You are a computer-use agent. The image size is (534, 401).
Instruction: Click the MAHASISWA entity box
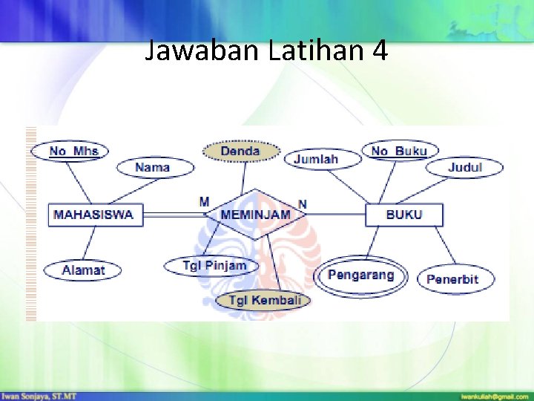93,215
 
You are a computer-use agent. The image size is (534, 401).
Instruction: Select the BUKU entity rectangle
404,215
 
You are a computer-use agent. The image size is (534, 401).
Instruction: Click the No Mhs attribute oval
69,151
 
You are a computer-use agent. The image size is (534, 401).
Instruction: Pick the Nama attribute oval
153,168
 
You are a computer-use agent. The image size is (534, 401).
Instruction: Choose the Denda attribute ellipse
240,151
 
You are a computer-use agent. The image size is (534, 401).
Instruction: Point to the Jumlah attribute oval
316,159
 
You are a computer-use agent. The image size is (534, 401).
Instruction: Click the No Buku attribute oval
400,151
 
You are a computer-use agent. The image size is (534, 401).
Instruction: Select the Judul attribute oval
465,168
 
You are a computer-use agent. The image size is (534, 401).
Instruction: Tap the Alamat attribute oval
83,270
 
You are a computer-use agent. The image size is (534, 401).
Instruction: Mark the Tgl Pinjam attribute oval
215,265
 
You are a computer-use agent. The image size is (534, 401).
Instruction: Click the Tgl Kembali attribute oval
265,300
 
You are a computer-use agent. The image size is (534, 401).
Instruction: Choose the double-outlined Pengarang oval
361,276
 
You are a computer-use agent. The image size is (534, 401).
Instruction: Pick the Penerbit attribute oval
452,279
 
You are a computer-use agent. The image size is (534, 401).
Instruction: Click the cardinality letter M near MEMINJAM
204,201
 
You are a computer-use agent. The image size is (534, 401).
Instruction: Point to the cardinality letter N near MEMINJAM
303,203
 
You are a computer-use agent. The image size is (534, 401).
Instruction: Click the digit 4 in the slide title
379,51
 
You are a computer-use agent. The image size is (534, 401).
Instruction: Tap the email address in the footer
494,397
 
